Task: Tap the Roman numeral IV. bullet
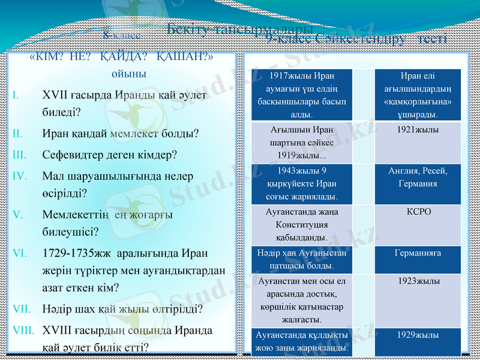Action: (x=19, y=176)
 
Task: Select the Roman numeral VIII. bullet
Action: (x=23, y=330)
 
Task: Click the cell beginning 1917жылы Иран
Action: (x=302, y=94)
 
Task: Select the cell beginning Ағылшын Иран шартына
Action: (x=302, y=142)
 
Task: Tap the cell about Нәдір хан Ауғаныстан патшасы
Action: (x=302, y=259)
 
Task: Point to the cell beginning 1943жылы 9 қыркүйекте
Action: (x=302, y=183)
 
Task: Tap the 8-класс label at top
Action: (x=122, y=35)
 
